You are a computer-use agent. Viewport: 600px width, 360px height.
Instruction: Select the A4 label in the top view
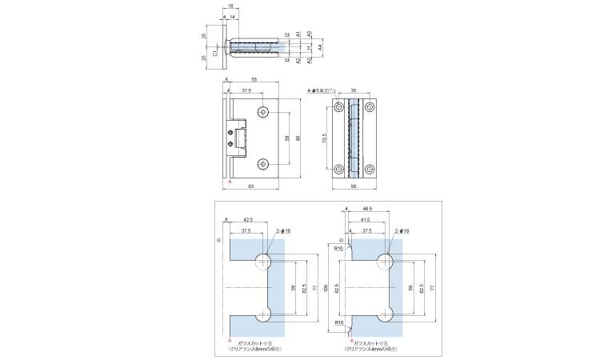(320, 48)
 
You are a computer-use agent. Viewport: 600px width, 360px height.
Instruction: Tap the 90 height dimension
(298, 138)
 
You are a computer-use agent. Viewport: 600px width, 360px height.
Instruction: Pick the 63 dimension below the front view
(251, 186)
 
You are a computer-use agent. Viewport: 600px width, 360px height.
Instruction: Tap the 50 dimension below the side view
(354, 186)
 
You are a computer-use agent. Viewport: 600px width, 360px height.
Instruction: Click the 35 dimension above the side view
(354, 90)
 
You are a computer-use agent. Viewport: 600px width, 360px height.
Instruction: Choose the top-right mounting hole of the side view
(370, 107)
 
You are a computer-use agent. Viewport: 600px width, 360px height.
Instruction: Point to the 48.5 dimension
(366, 210)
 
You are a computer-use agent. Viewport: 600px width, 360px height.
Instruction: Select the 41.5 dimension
(366, 219)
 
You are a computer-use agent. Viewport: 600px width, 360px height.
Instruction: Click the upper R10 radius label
(338, 249)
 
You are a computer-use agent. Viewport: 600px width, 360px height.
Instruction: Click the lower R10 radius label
(338, 322)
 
